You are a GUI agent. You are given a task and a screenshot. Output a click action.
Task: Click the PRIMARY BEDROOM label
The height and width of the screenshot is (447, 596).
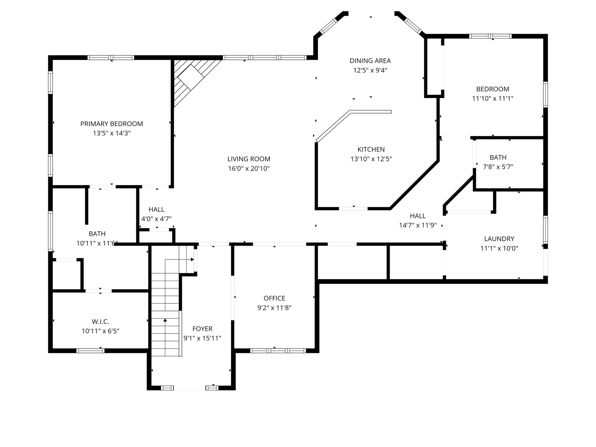[x=112, y=124]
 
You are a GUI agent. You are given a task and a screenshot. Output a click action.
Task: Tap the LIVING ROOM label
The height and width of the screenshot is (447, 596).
[x=249, y=159]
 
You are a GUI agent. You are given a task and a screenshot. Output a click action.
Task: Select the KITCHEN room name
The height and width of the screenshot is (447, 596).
[x=371, y=149]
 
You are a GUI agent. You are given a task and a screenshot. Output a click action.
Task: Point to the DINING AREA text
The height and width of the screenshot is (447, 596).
[x=370, y=61]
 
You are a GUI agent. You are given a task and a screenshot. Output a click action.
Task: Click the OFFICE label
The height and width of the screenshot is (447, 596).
[x=274, y=298]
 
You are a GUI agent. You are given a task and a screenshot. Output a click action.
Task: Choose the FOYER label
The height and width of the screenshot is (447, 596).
[x=202, y=329]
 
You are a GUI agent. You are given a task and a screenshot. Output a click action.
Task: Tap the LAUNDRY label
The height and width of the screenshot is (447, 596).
[x=499, y=239]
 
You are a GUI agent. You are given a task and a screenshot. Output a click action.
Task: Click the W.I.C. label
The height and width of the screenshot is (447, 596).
[x=101, y=321]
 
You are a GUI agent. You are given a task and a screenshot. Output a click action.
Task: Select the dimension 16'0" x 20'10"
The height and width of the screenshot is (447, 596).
[x=249, y=168]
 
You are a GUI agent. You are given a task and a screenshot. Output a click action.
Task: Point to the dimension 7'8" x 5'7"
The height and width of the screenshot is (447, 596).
[x=498, y=167]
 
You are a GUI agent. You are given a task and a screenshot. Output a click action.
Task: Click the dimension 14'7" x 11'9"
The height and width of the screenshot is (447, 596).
[x=418, y=225]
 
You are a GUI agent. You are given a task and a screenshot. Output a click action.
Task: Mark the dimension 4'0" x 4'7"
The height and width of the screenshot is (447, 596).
[x=156, y=219]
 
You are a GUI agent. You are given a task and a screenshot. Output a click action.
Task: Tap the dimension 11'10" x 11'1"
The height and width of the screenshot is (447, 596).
[x=493, y=98]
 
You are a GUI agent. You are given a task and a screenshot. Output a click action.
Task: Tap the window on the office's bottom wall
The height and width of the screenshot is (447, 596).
[x=278, y=351]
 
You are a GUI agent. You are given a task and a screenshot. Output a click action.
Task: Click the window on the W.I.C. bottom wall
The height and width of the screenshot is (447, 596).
[x=90, y=351]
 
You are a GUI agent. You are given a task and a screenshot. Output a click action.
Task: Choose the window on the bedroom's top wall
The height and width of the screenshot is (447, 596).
[x=490, y=36]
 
